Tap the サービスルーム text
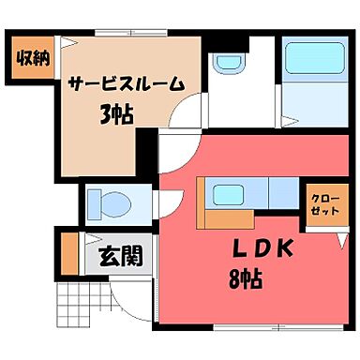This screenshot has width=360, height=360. point(125,83)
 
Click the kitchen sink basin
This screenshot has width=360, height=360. point(228,196)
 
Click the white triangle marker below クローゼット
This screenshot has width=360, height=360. point(339,241)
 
